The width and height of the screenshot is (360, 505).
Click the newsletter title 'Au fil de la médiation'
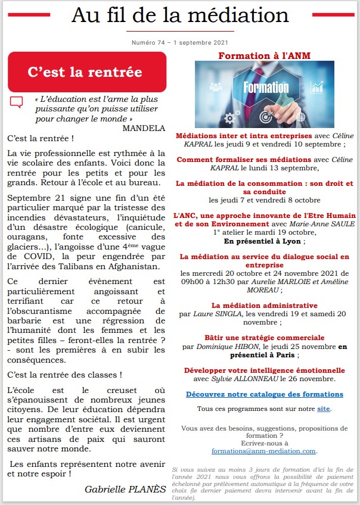[179, 15]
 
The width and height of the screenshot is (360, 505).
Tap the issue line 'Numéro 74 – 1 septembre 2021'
[179, 43]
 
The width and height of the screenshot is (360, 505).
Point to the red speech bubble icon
[17, 102]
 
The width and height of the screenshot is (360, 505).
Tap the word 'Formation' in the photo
[266, 88]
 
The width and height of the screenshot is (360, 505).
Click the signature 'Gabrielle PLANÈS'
[125, 488]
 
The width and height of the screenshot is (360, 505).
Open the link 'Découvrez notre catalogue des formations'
[265, 394]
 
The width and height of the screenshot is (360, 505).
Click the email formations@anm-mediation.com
[265, 451]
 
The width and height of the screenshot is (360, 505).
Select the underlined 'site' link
[322, 409]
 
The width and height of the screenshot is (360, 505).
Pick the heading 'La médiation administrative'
[265, 306]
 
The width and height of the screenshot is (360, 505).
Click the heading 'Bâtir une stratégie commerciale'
[265, 338]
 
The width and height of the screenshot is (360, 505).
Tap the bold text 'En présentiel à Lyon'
[263, 242]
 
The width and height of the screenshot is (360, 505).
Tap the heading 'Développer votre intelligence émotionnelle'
[265, 370]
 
